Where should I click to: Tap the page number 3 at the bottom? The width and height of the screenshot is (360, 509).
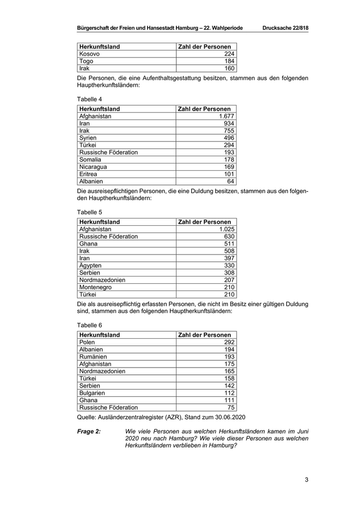point(307,480)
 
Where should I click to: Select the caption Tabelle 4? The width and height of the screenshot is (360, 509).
point(89,98)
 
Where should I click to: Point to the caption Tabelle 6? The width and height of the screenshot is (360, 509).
point(89,324)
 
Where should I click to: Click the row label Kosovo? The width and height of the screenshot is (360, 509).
point(89,54)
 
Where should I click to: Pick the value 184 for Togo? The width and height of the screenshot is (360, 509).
point(229,61)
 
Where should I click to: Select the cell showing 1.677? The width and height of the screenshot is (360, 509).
point(226,116)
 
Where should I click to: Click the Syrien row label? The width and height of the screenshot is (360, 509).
point(88,138)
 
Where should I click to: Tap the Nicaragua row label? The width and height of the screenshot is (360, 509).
point(93,167)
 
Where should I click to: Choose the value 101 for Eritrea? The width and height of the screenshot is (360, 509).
point(229,174)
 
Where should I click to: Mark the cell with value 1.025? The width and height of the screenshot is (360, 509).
point(226,229)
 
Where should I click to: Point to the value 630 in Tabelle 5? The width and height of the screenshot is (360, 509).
point(229,237)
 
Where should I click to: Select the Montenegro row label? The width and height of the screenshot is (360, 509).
point(96,287)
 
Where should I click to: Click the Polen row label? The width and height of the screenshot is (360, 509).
point(87,342)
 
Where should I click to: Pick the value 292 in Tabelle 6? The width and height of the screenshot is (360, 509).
point(229,342)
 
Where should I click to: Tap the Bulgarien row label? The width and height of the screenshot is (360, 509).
point(92,393)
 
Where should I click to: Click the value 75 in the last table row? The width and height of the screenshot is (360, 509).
point(231,407)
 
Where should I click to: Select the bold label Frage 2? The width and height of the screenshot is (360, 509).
point(89,431)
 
